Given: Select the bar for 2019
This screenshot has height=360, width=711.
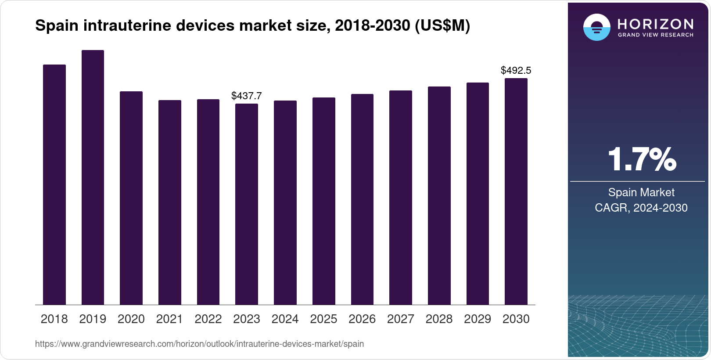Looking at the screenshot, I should pos(93,177).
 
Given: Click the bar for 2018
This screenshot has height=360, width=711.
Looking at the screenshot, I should pos(54,184).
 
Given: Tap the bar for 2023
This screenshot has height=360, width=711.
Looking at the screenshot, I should pos(247,204).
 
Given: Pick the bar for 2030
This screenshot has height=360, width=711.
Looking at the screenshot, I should pos(516,191).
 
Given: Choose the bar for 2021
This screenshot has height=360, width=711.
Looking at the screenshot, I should pos(170,202).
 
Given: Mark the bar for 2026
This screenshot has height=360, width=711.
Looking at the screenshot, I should pos(362,199).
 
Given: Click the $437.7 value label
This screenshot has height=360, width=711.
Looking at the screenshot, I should pos(247,96).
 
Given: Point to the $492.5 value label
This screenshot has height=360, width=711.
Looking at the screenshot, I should pos(516,70).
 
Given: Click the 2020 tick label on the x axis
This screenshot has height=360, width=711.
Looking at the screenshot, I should pos(131,319).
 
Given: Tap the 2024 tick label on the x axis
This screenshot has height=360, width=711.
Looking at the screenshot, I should pos(285,319).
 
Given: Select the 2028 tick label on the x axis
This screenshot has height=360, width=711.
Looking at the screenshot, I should pos(439,319).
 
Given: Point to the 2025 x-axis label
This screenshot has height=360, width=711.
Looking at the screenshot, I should pos(323,319).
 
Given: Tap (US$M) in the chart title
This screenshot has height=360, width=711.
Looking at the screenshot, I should pos(442,26).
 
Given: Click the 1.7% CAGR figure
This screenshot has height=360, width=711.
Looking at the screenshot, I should pos(642,160).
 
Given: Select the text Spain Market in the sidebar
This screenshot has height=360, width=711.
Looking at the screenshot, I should pos(641,192).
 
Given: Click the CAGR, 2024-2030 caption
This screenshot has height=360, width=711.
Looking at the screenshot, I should pos(641,208).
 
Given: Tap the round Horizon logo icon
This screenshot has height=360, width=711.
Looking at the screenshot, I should pos(596,27).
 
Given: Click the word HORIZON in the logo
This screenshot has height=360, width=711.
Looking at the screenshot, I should pos(656,24).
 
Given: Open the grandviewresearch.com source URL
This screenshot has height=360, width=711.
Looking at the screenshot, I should pos(199,344).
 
